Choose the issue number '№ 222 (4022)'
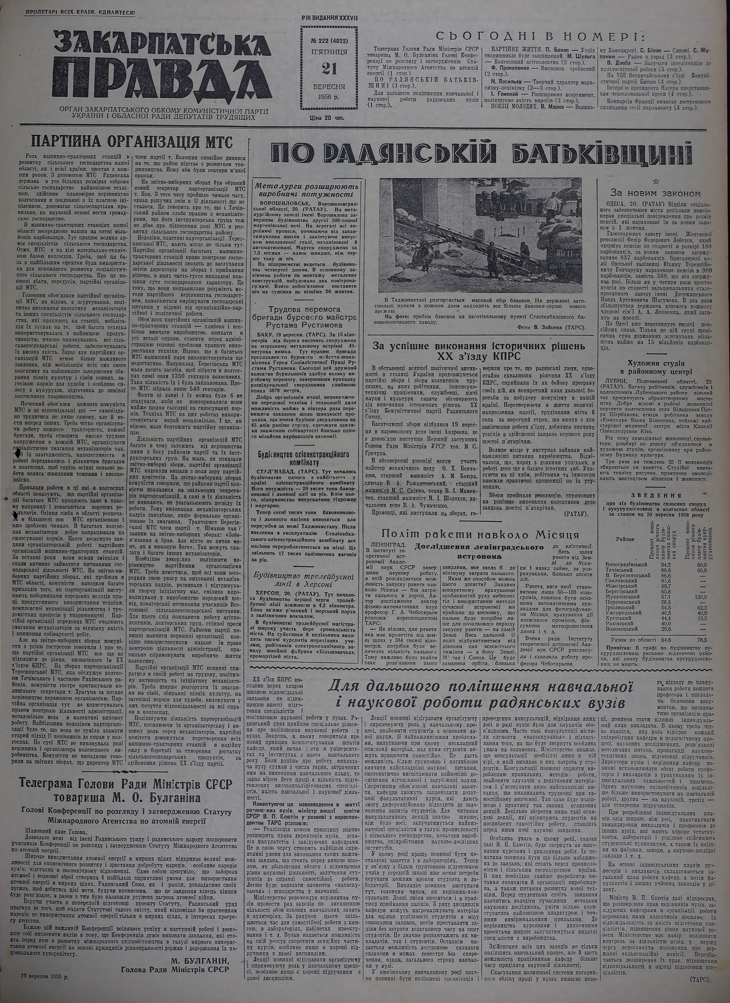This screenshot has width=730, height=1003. tap(328, 40)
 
